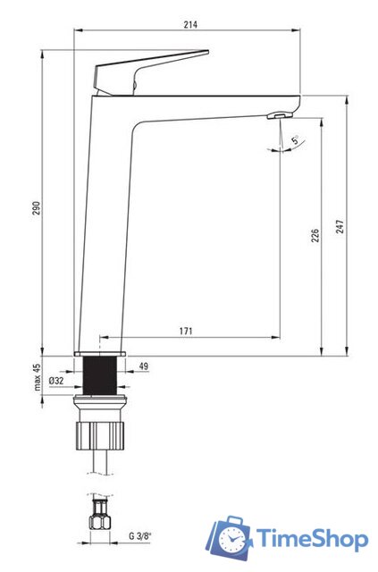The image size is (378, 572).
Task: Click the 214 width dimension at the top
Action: point(190,25)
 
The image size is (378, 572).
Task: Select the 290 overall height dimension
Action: point(37,208)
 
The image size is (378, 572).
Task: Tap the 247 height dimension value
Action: point(340,226)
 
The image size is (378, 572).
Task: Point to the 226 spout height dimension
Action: point(315,236)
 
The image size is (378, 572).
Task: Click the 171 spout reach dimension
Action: point(185,332)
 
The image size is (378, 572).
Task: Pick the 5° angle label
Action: point(295,139)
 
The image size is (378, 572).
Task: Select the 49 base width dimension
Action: point(144,366)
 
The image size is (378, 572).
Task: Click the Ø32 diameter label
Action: point(56,381)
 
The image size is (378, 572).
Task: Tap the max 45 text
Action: point(38,377)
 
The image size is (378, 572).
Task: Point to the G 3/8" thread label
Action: point(139,536)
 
